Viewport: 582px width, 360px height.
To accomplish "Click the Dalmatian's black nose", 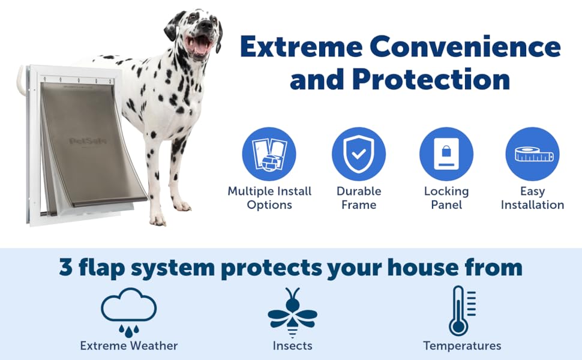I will click(x=208, y=26).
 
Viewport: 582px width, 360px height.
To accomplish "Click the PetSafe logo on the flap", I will click(x=85, y=141).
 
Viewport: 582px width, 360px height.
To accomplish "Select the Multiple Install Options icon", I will click(x=269, y=154).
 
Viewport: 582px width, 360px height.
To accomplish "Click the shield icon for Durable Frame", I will click(x=358, y=154).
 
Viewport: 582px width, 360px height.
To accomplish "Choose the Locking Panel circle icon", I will click(x=446, y=154).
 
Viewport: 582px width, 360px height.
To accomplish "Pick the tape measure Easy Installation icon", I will click(x=532, y=154).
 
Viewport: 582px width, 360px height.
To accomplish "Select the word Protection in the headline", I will click(x=431, y=79).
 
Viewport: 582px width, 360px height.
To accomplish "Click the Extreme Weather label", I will click(x=129, y=346).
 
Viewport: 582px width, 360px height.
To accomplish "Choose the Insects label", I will click(x=292, y=346).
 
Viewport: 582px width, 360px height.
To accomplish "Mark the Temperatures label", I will click(x=462, y=346).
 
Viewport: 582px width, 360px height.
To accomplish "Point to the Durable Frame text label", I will click(x=358, y=198).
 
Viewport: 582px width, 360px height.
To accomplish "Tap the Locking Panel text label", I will click(x=446, y=198).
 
